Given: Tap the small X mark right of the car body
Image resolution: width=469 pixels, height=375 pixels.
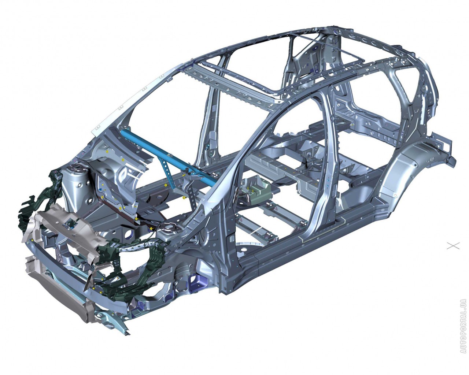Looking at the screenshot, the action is coord(453,246).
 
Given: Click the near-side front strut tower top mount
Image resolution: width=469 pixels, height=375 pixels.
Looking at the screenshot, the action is coord(169,229).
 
